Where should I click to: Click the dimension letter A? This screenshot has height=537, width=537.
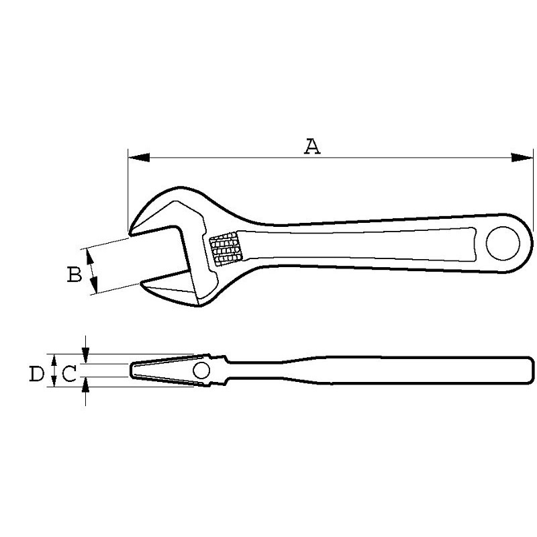click(312, 146)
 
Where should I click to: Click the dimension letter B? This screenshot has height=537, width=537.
click(75, 275)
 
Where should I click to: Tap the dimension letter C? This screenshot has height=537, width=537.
click(69, 374)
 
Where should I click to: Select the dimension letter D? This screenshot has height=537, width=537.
click(37, 374)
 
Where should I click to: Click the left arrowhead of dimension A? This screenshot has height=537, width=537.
click(139, 158)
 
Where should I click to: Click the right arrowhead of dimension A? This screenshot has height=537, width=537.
click(522, 158)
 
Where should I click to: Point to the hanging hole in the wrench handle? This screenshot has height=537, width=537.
click(503, 243)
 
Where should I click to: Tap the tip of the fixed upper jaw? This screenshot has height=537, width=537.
click(130, 234)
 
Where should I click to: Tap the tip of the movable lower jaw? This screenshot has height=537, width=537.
click(141, 284)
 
